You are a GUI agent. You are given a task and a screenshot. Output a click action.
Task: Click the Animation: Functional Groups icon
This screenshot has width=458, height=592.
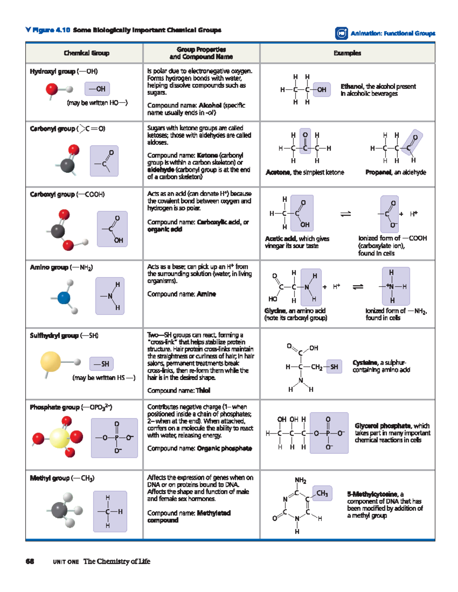click(x=341, y=33)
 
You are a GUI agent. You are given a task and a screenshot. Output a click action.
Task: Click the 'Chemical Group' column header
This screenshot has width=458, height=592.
click(x=86, y=53)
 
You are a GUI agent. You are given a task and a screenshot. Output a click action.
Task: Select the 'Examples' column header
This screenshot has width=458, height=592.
click(x=347, y=53)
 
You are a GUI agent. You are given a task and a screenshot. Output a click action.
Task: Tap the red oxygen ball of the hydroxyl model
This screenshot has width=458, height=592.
click(x=52, y=89)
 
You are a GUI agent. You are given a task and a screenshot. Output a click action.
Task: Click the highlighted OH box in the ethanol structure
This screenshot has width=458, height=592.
click(x=321, y=90)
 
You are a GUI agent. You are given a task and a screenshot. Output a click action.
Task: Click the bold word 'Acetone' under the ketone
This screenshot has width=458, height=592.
click(x=278, y=172)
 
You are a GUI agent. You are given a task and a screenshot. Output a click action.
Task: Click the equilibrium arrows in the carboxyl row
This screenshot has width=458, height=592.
click(x=345, y=214)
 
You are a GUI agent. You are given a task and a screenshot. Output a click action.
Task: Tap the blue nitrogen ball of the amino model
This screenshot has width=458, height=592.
click(x=64, y=298)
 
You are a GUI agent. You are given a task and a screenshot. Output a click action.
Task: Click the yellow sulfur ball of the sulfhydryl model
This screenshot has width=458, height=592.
click(x=51, y=361)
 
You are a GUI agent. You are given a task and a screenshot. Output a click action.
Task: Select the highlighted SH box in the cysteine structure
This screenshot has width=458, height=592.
click(x=334, y=367)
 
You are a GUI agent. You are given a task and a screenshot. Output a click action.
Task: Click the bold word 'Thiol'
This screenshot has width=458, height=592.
click(x=203, y=390)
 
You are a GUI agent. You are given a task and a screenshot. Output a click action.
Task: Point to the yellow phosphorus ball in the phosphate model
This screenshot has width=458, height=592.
click(x=60, y=438)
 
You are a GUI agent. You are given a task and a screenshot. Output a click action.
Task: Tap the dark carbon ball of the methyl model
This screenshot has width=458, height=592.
click(x=60, y=510)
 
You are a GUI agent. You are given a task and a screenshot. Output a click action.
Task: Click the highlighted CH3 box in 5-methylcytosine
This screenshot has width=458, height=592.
click(x=322, y=493)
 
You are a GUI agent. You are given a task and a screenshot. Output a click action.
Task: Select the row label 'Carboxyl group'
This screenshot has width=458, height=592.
click(x=52, y=194)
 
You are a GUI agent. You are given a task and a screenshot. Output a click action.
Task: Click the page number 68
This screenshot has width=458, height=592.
click(x=30, y=561)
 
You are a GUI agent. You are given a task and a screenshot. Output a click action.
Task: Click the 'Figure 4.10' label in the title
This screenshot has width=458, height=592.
click(x=51, y=30)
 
